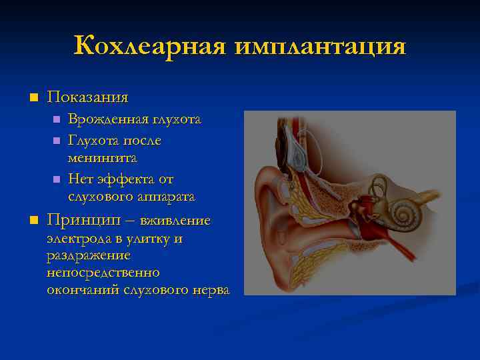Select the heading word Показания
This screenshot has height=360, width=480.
(x=87, y=97)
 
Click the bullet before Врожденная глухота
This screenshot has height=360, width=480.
(x=56, y=120)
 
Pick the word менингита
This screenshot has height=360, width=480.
(x=102, y=158)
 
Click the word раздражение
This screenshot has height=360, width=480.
(x=88, y=255)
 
